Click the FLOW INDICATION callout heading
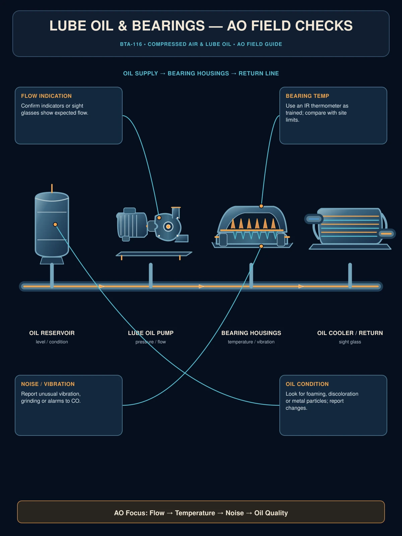[46, 96]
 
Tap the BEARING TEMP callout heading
[307, 96]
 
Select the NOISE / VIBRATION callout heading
[48, 384]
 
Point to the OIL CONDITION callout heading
[307, 384]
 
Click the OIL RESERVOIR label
[52, 333]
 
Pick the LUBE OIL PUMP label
[151, 333]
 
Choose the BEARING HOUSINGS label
[251, 333]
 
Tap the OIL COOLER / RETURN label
[350, 333]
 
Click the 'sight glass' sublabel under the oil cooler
[350, 342]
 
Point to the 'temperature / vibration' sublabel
[251, 342]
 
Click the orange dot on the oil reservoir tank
[55, 224]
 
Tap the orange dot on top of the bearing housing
[261, 206]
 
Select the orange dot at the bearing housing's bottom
[261, 246]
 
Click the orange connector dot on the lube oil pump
[159, 217]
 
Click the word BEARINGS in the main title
[168, 26]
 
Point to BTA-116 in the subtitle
[131, 44]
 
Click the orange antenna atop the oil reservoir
[52, 188]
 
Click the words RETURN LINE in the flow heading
[259, 73]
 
